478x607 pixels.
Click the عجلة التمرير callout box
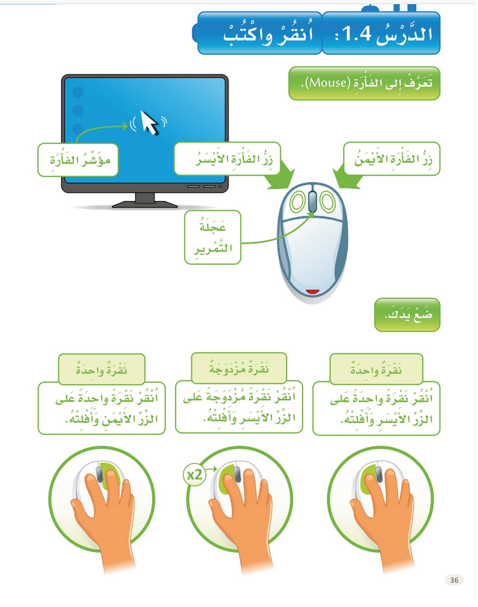(214, 238)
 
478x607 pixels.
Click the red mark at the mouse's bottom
(314, 290)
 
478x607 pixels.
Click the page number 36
(453, 580)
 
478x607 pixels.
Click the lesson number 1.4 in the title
(347, 34)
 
